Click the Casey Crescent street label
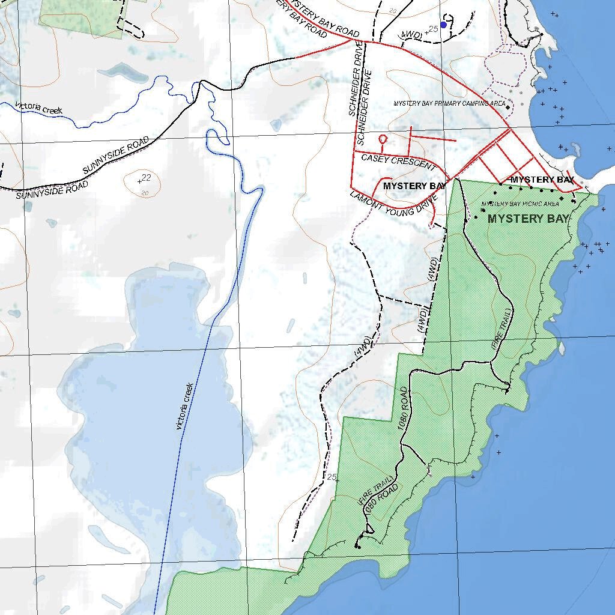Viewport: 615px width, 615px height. point(398,160)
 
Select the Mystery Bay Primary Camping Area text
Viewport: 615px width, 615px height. point(449,103)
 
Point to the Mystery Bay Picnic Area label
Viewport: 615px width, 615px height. point(520,204)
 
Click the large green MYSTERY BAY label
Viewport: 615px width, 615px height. point(528,219)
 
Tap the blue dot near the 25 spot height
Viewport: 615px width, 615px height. point(443,25)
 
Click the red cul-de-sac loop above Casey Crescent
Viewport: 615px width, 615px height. point(383,139)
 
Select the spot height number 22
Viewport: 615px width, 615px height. point(147,177)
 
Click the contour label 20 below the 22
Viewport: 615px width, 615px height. point(145,193)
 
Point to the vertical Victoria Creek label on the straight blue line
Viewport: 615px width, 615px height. point(184,406)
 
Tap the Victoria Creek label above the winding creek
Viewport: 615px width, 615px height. point(39,108)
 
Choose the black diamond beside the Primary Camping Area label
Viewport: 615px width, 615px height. point(507,108)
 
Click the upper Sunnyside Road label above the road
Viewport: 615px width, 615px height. point(115,155)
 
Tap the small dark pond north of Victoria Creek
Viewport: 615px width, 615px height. point(126,73)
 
